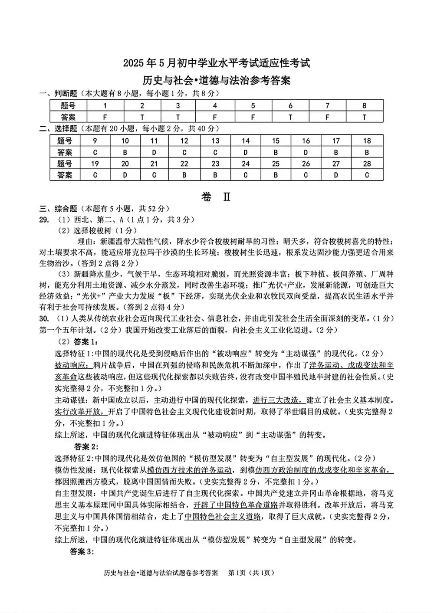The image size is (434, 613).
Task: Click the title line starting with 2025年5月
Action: (217, 63)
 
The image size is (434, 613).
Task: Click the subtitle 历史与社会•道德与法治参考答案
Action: (217, 80)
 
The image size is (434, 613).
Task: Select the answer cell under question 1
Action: (105, 117)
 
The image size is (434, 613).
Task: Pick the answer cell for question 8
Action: (364, 117)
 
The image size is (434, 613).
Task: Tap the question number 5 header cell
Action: (253, 105)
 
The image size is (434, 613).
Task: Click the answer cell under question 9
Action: (95, 152)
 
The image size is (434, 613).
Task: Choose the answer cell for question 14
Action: (246, 152)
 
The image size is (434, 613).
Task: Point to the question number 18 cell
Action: (367, 141)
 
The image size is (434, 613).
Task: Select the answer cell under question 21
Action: (154, 175)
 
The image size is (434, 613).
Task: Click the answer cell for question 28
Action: (367, 175)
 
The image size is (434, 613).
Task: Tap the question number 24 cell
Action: (246, 164)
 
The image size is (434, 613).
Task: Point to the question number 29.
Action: (44, 220)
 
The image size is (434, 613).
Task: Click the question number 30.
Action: (44, 318)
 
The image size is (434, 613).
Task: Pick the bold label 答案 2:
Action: (86, 446)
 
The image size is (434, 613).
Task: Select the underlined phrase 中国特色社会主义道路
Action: (223, 517)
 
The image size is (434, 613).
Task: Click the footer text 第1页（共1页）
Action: (251, 573)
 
